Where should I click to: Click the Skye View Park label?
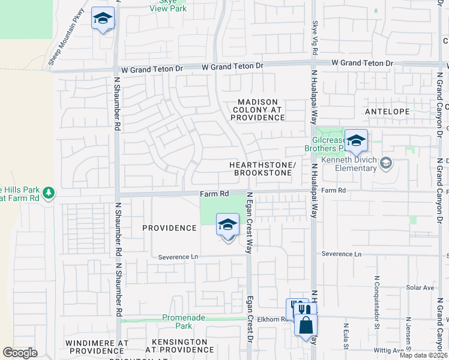168,5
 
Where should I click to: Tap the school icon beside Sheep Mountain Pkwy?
103,19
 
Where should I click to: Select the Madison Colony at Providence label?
257,110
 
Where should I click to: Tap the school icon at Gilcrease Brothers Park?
356,141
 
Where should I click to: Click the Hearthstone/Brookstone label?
261,169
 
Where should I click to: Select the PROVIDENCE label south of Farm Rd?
169,228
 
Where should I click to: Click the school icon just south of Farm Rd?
228,226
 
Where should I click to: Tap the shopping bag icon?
306,325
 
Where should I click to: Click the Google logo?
20,352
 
